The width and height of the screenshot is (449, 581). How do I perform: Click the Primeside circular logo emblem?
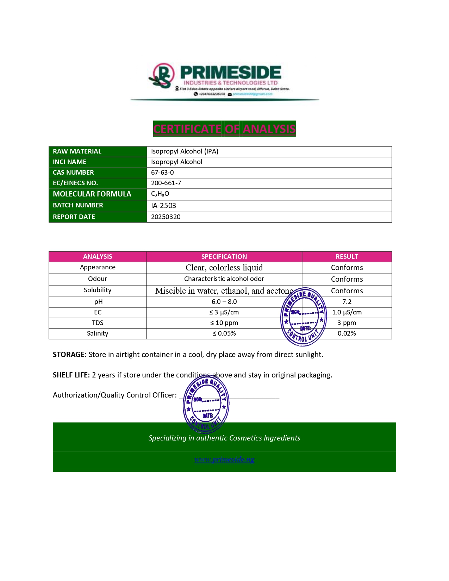coord(162,75)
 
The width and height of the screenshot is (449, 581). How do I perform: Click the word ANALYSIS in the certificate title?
coord(269,129)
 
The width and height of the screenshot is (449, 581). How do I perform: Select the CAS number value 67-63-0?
coord(162,173)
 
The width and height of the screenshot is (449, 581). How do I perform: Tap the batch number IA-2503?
coord(163,206)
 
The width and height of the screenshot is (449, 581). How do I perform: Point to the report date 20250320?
coord(166,217)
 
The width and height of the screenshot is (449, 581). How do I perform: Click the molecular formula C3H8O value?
coord(160,194)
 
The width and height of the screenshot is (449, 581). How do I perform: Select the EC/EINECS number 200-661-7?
coord(166,183)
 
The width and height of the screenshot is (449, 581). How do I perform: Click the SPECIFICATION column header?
coord(224,257)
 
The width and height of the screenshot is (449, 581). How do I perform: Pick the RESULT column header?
coord(347,257)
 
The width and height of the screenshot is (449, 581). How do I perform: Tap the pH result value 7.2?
coord(347,302)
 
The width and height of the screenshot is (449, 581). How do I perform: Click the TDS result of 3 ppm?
coord(347,323)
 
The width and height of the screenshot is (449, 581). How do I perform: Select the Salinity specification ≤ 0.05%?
coord(224,333)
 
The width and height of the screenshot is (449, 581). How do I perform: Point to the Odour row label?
coord(98,279)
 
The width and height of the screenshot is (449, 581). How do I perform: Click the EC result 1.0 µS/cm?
coord(347,312)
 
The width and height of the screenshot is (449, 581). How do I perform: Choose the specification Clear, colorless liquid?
coord(224,268)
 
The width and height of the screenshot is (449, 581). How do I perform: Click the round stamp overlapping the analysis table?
coord(303,317)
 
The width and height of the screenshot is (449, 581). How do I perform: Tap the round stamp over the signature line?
coord(206,404)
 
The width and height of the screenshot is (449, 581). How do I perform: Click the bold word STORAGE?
coord(69,355)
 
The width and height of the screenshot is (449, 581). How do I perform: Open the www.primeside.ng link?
coord(224,459)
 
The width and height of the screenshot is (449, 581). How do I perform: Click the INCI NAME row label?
coord(69,162)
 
